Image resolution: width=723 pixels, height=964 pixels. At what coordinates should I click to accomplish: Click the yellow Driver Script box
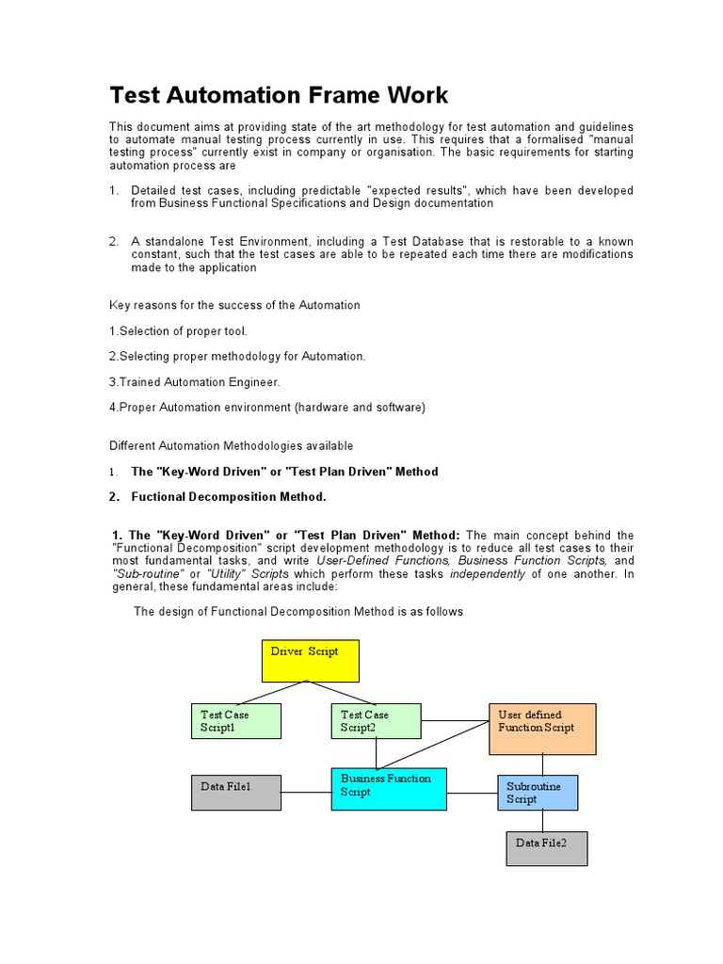[x=310, y=660]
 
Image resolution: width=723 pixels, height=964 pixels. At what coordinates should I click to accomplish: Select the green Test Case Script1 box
[x=236, y=721]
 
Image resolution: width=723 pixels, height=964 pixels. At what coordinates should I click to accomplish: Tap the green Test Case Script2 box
[x=376, y=721]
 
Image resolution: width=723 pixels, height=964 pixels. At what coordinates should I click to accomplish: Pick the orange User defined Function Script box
[x=542, y=729]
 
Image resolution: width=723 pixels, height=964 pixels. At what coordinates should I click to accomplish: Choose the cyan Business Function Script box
[x=388, y=790]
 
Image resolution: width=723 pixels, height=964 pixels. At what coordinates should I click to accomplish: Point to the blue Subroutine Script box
[x=537, y=793]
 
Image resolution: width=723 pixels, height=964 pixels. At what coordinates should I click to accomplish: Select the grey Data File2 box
[x=546, y=848]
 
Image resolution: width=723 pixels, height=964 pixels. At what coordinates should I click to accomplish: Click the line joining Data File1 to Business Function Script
[x=306, y=792]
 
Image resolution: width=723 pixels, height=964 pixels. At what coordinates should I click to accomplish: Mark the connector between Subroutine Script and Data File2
[x=542, y=821]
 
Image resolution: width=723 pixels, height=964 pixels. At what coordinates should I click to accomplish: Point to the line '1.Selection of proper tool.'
[x=178, y=331]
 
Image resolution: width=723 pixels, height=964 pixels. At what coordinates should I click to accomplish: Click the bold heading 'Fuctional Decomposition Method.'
[x=229, y=497]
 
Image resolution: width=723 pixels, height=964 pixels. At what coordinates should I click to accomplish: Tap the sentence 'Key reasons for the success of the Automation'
[x=234, y=305]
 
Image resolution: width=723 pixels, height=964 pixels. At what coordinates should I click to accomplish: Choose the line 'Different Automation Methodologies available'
[x=232, y=445]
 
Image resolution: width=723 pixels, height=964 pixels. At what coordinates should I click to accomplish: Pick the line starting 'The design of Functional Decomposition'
[x=298, y=612]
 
